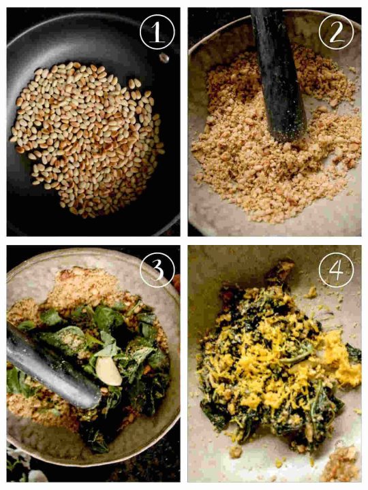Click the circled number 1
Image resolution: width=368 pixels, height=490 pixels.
[157, 33]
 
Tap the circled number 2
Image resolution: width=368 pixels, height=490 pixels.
[337, 31]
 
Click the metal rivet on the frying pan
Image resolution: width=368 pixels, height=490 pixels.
[164, 58]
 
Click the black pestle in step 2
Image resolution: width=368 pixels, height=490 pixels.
[276, 68]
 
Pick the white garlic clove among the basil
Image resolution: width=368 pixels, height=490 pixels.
[109, 372]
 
